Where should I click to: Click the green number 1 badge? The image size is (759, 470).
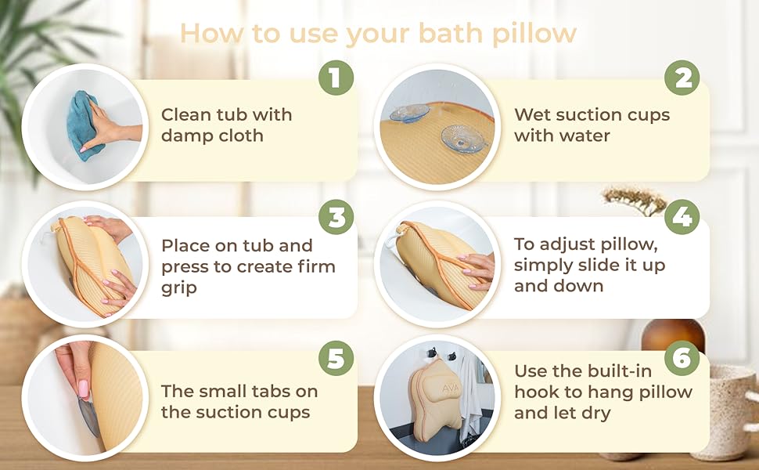336,78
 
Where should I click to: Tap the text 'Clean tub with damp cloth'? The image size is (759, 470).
226,125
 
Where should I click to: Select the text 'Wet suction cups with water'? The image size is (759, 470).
592,125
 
